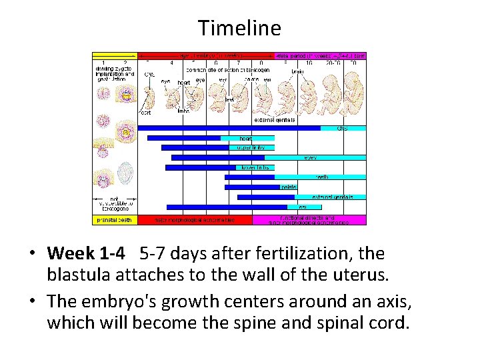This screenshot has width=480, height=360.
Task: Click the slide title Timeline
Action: click(239, 28)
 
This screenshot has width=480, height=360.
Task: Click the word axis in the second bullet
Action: click(387, 303)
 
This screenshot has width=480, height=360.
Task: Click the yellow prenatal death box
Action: click(115, 219)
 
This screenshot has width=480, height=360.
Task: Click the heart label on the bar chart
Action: click(246, 138)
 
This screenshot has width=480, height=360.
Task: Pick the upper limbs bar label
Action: click(251, 147)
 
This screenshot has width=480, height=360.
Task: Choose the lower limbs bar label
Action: click(255, 167)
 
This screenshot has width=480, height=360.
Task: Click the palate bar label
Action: click(288, 187)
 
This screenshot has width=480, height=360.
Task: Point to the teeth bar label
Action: click(321, 177)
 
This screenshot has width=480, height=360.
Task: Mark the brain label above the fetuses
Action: click(298, 71)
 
